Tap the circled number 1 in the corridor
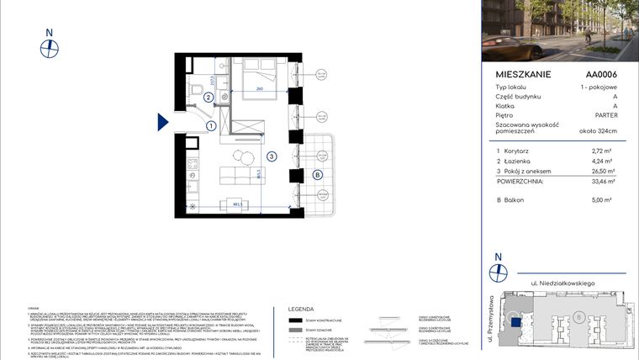pyautogui.click(x=211, y=125)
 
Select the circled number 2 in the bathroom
pyautogui.click(x=207, y=97)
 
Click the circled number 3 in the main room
pyautogui.click(x=272, y=156)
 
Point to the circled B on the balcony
pyautogui.click(x=317, y=175)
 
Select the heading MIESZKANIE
pyautogui.click(x=523, y=75)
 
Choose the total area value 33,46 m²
pyautogui.click(x=603, y=181)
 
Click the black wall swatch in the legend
pyautogui.click(x=295, y=320)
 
